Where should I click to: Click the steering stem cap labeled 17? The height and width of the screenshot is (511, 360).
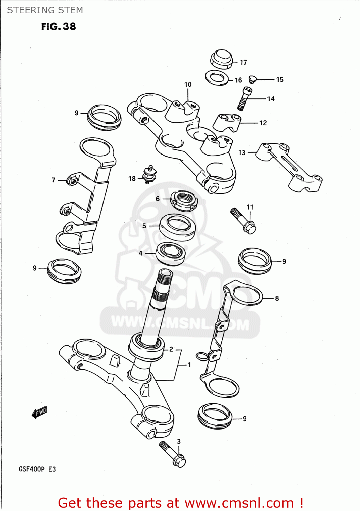221,59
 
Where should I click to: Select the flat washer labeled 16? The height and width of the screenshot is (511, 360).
217,78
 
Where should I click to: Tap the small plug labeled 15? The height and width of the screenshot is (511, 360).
252,79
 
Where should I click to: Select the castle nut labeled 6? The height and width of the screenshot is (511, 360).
184,201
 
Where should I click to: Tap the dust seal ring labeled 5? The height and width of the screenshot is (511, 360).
177,227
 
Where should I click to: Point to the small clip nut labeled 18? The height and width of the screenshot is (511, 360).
149,175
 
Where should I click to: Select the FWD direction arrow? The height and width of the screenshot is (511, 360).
39,412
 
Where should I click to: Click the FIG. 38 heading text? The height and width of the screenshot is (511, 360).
59,27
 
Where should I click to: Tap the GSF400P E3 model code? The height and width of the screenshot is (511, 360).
37,469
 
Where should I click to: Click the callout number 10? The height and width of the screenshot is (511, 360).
188,84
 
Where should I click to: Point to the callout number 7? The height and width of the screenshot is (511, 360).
53,180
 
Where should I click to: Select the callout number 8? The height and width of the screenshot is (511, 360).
277,298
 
